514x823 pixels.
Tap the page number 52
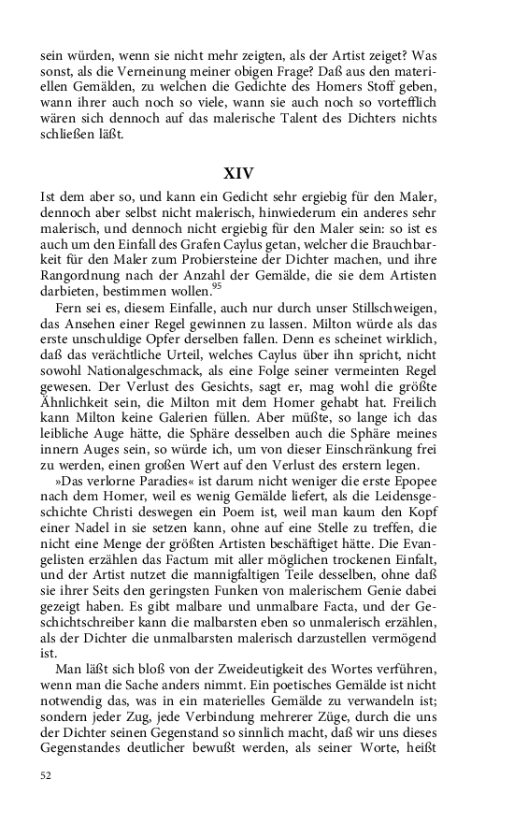pyautogui.click(x=47, y=776)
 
